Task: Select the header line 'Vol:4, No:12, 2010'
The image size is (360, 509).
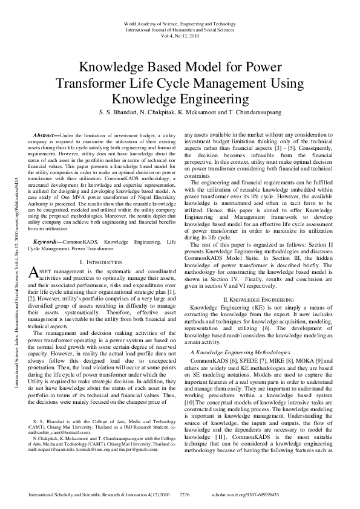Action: [179, 36]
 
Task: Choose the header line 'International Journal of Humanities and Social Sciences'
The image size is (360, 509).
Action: [179, 29]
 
